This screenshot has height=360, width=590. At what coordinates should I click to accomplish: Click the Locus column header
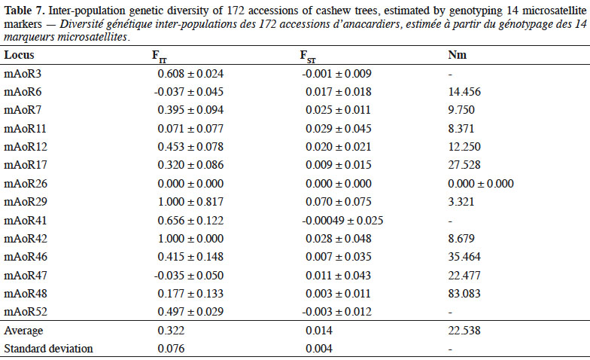tap(19, 55)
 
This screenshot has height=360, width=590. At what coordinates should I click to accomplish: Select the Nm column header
tap(458, 55)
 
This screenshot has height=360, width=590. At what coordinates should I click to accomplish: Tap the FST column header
tap(308, 56)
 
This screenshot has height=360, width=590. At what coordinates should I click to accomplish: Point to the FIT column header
tap(160, 56)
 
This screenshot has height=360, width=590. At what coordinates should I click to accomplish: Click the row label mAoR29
tap(26, 202)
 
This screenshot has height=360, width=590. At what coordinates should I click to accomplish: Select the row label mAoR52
tap(26, 312)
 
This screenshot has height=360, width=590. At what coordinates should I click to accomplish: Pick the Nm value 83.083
tap(464, 294)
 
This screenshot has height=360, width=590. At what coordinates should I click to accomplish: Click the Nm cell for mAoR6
tap(464, 92)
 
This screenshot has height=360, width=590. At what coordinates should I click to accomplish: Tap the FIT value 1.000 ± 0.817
tap(190, 202)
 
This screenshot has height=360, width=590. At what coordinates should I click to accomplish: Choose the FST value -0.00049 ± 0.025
tap(342, 220)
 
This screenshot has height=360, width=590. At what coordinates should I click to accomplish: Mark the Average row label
tap(23, 331)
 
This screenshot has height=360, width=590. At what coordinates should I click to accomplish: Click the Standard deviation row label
tap(48, 349)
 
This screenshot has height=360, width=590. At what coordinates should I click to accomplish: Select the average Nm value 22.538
tap(464, 331)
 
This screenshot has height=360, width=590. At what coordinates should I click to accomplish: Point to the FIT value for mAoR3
tap(190, 74)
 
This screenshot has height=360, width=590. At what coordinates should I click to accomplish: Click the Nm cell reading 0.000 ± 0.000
tap(480, 184)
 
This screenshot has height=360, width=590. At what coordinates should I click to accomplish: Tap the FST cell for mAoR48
tap(339, 294)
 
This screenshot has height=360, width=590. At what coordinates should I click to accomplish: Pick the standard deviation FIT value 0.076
tap(172, 349)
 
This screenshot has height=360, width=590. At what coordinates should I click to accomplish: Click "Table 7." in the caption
tap(24, 11)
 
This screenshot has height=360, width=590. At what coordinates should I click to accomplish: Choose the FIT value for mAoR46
tap(190, 257)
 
